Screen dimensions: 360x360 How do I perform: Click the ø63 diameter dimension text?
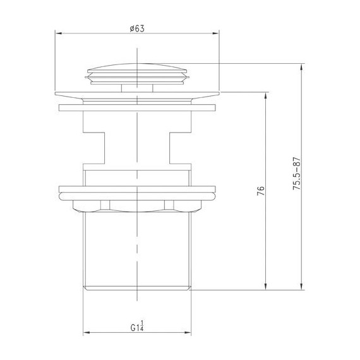tap(137, 28)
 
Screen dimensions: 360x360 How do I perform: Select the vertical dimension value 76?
tap(260, 190)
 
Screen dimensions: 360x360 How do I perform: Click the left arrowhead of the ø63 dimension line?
tap(58, 33)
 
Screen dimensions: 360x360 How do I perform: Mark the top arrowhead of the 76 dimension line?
tap(266, 94)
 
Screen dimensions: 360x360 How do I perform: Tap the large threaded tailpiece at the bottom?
tap(137, 249)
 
